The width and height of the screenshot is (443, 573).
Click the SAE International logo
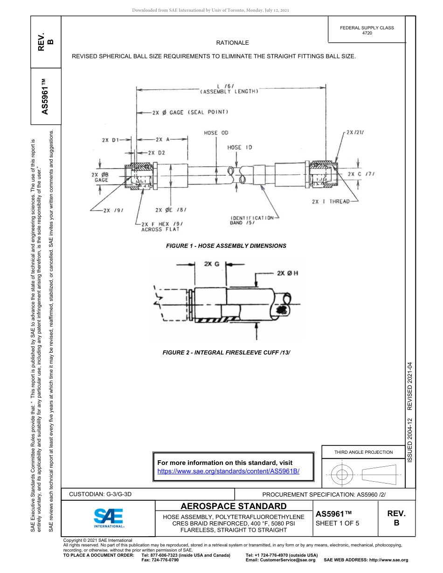(109, 517)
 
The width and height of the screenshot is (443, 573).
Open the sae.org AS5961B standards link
(228, 471)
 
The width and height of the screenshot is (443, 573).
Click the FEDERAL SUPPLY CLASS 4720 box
(367, 30)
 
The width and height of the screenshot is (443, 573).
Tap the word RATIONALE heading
(232, 42)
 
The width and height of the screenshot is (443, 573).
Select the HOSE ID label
(240, 147)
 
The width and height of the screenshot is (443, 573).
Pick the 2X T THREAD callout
(330, 201)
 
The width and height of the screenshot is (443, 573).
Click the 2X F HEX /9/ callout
(161, 226)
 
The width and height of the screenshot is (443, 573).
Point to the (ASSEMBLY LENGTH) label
(228, 92)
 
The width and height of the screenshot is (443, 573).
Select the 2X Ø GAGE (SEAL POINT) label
(190, 112)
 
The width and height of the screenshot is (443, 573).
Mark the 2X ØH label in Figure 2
(287, 273)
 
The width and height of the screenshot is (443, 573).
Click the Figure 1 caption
(226, 246)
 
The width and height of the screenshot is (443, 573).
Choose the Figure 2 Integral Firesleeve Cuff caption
(226, 353)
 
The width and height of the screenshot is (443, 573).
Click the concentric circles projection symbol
(342, 475)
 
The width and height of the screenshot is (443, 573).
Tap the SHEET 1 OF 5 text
(338, 523)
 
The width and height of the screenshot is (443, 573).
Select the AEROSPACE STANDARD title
(234, 506)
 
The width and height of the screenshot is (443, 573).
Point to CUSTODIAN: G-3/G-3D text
(101, 494)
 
